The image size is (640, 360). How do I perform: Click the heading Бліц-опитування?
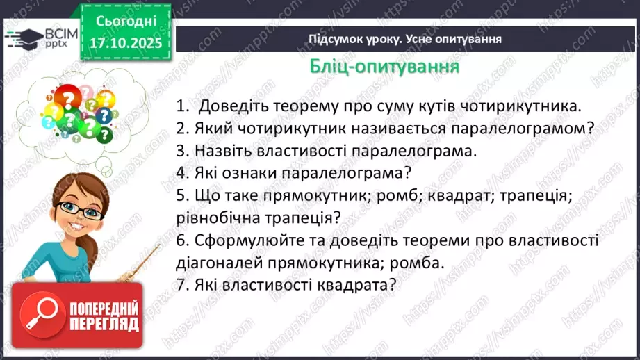click(x=384, y=67)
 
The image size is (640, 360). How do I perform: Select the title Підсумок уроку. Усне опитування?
click(x=405, y=39)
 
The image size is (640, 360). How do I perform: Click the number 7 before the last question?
click(x=180, y=284)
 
